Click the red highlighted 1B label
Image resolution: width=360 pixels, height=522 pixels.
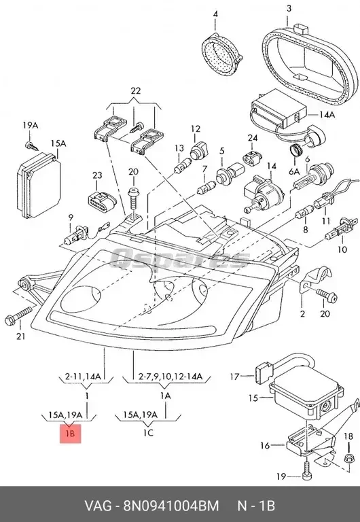pos(70,434)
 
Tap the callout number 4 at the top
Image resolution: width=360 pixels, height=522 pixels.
pos(215,14)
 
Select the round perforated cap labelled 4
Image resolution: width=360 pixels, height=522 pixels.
pos(221,54)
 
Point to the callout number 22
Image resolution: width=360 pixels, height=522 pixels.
pos(135,90)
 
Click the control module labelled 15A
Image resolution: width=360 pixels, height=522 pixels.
pos(38,185)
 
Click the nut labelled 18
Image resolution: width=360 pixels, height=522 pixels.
pos(348,458)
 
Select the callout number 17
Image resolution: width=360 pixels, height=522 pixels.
pos(234,377)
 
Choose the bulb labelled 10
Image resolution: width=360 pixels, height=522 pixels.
pos(341,231)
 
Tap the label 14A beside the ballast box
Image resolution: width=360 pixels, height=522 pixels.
pos(327,115)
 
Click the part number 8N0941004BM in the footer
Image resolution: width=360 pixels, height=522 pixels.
pos(171,506)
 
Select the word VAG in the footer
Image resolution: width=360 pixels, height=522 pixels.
pos(98,506)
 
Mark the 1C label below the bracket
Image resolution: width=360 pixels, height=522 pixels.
pos(148,433)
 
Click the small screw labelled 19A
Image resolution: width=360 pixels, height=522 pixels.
pos(32,145)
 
